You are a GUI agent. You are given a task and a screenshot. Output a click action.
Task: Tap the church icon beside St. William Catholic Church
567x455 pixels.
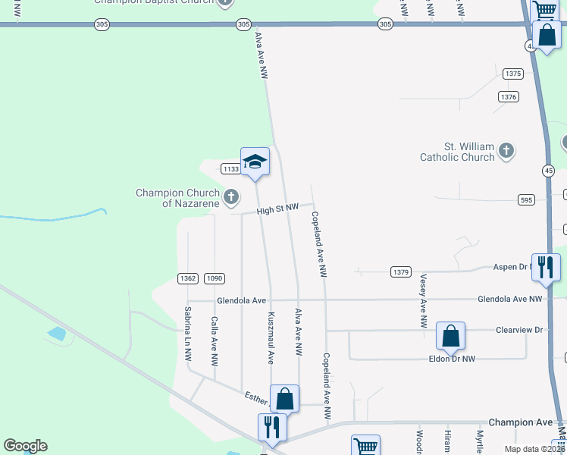[507, 151]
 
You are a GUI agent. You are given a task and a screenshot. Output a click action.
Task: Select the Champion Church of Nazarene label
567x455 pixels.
[177, 198]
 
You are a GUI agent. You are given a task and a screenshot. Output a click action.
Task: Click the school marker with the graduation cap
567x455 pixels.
[255, 162]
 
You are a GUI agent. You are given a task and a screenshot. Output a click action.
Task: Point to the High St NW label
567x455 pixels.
[277, 208]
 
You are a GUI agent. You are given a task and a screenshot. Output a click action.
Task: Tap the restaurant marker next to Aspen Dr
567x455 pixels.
[546, 267]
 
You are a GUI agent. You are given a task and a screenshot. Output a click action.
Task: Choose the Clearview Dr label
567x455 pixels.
[519, 330]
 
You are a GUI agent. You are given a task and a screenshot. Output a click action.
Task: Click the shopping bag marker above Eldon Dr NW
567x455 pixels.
[450, 336]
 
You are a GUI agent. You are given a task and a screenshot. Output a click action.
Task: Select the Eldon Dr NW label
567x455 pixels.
[452, 359]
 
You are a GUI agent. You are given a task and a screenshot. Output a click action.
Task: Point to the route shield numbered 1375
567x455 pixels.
[513, 74]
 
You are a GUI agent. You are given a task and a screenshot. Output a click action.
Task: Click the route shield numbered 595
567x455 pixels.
[528, 199]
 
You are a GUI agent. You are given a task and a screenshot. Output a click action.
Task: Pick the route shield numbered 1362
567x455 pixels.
[188, 278]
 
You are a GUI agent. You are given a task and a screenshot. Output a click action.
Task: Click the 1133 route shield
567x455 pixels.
[230, 168]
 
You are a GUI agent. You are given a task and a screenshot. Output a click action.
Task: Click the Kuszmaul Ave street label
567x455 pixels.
[270, 337]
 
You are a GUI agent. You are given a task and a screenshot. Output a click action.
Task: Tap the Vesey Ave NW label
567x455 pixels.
[423, 301]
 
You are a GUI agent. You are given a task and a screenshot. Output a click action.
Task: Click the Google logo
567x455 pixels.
[25, 446]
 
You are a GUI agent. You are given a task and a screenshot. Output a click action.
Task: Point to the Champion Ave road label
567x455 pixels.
[521, 422]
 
